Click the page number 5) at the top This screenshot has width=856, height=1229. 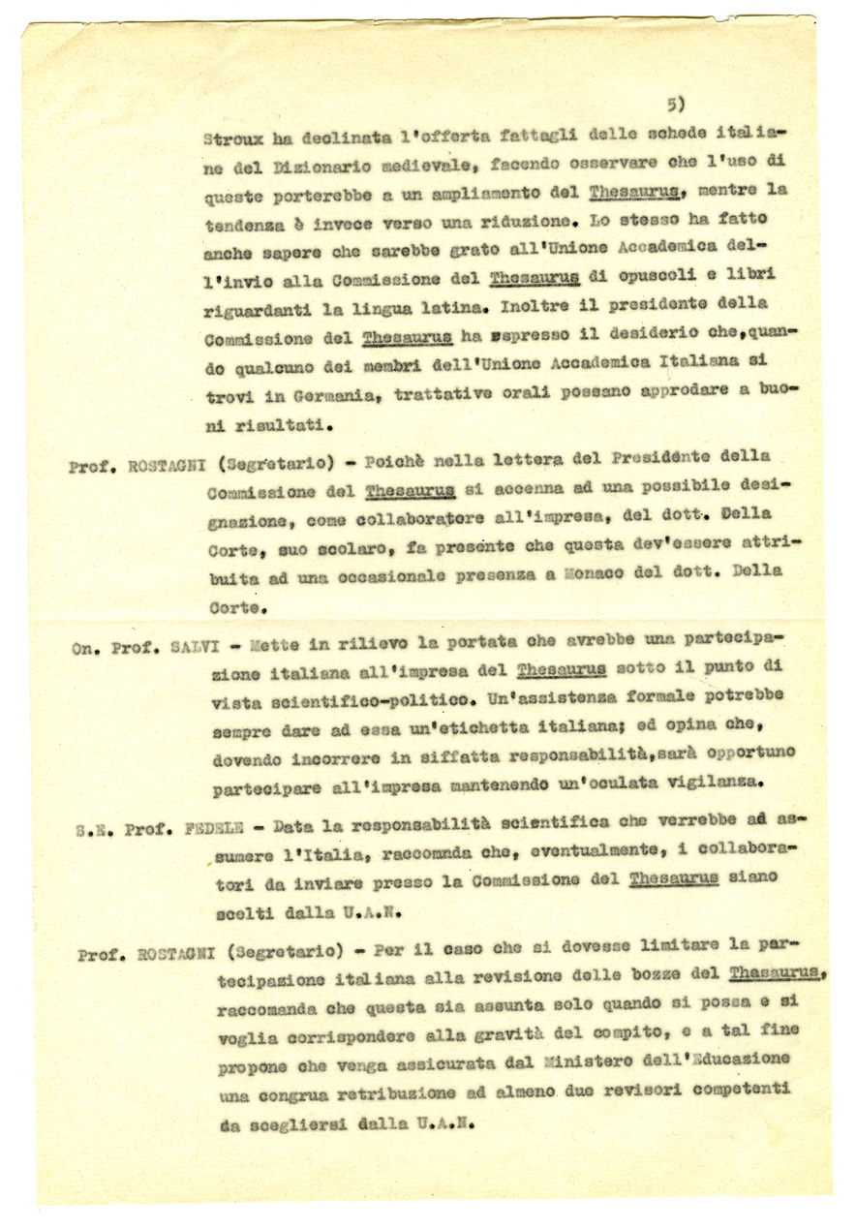click(x=676, y=103)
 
